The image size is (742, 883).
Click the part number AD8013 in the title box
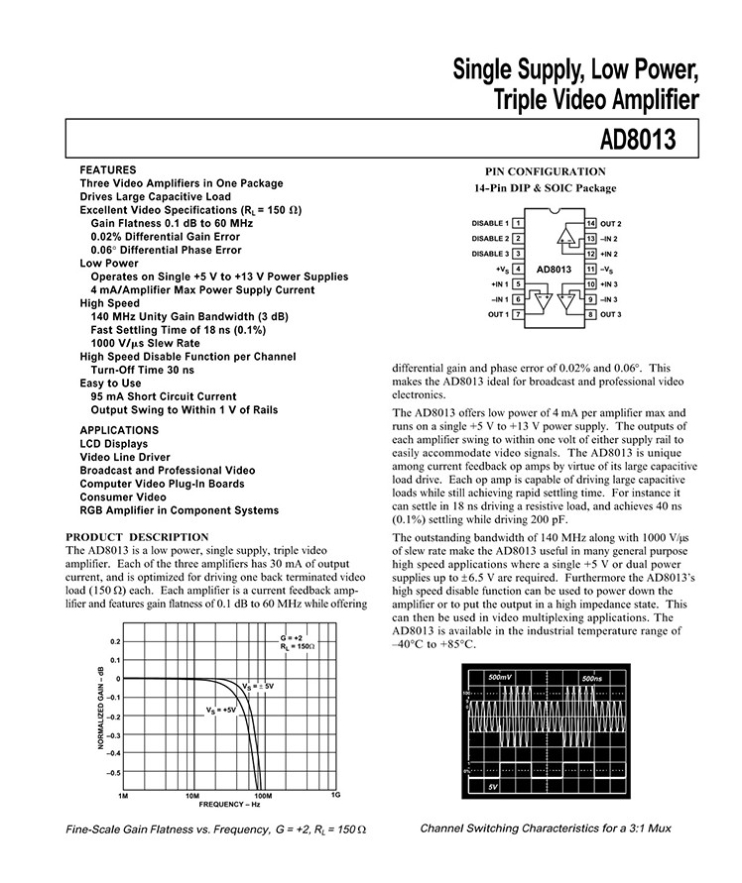point(638,141)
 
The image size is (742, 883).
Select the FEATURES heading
point(107,170)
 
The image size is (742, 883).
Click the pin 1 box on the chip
point(518,224)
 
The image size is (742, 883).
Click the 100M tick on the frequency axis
point(263,796)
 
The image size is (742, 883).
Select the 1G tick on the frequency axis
point(334,796)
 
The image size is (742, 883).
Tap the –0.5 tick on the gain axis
point(113,773)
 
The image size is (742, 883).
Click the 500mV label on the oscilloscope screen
point(501,677)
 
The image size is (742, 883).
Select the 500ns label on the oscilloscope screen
point(593,677)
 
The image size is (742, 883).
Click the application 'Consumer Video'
point(123,497)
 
